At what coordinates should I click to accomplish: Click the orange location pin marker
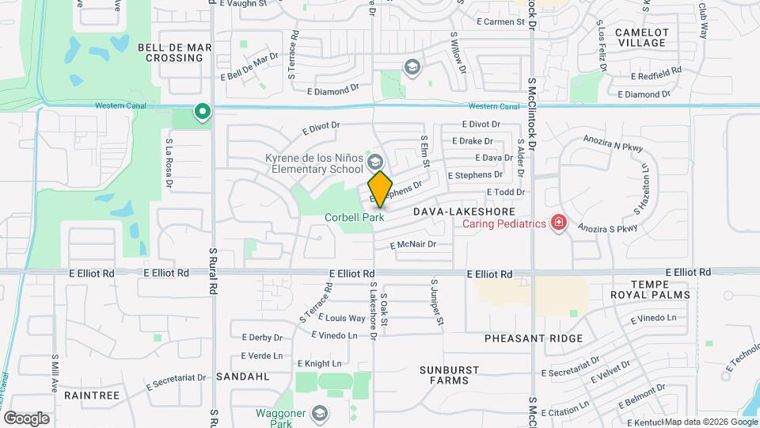(380, 189)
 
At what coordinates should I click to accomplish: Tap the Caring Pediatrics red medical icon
(559, 223)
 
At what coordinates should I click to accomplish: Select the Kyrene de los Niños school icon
(374, 162)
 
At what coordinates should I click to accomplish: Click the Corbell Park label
(354, 216)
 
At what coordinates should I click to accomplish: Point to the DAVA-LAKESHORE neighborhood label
(464, 212)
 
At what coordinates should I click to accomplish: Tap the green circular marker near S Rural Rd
(203, 112)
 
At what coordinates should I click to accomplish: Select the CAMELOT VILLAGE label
(641, 37)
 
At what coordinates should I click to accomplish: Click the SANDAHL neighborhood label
(238, 375)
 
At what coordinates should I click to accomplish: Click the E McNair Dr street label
(413, 245)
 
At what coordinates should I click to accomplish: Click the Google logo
(26, 418)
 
